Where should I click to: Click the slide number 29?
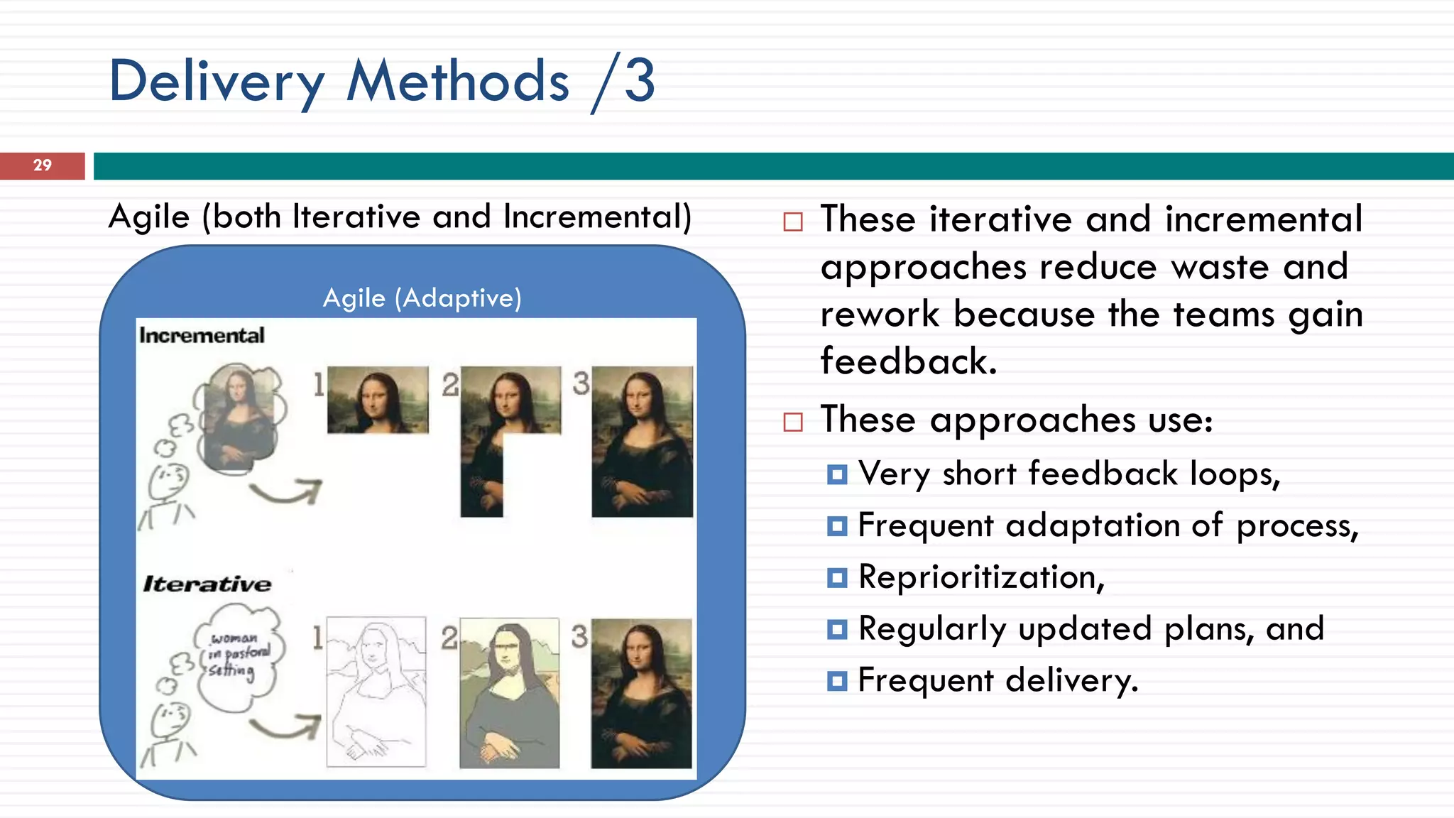tap(42, 165)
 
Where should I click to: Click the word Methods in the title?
tap(458, 82)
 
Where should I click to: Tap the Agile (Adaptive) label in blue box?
tap(422, 298)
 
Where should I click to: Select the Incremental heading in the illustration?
tap(202, 335)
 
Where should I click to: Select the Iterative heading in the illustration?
tap(207, 584)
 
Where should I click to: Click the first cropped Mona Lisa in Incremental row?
tap(378, 400)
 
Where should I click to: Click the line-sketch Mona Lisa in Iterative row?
tap(376, 692)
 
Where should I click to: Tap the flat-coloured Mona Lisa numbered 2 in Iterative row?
tap(509, 693)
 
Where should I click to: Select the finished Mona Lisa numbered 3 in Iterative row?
tap(641, 693)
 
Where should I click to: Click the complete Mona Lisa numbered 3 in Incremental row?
tap(642, 441)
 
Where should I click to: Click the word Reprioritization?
tap(980, 577)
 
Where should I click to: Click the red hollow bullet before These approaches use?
tap(792, 422)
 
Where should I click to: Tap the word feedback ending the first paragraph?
tap(907, 361)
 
